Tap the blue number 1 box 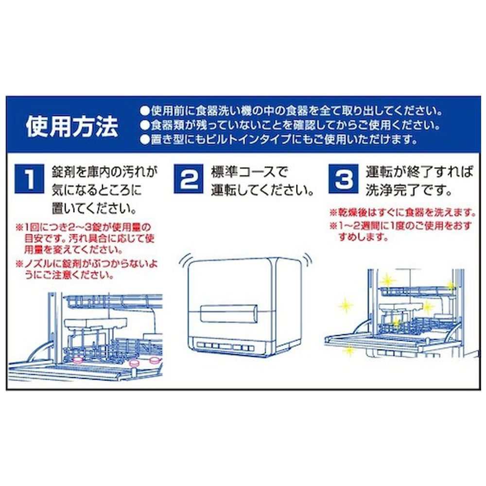(30, 178)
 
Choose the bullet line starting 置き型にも (278, 140)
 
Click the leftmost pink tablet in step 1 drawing (77, 360)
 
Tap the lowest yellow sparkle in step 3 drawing (349, 350)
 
